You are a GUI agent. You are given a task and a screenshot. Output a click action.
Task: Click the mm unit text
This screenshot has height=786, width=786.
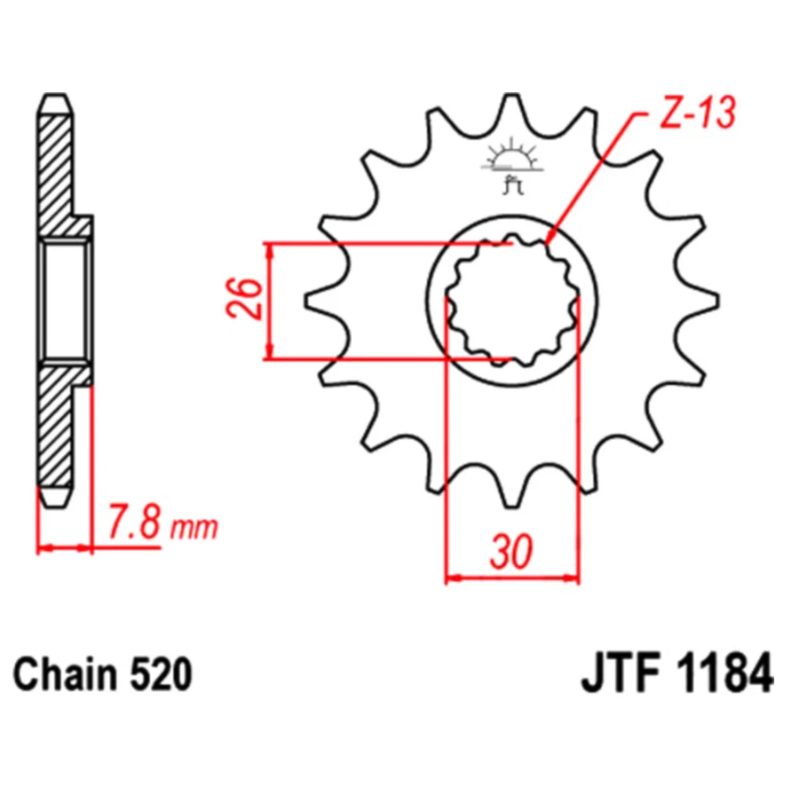tap(194, 528)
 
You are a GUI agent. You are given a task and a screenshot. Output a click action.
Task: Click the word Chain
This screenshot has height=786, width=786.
tap(64, 674)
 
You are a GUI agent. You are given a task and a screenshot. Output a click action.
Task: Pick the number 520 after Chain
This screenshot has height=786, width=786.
tap(161, 674)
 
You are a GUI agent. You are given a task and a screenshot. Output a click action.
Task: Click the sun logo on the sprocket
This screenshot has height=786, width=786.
tap(512, 156)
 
